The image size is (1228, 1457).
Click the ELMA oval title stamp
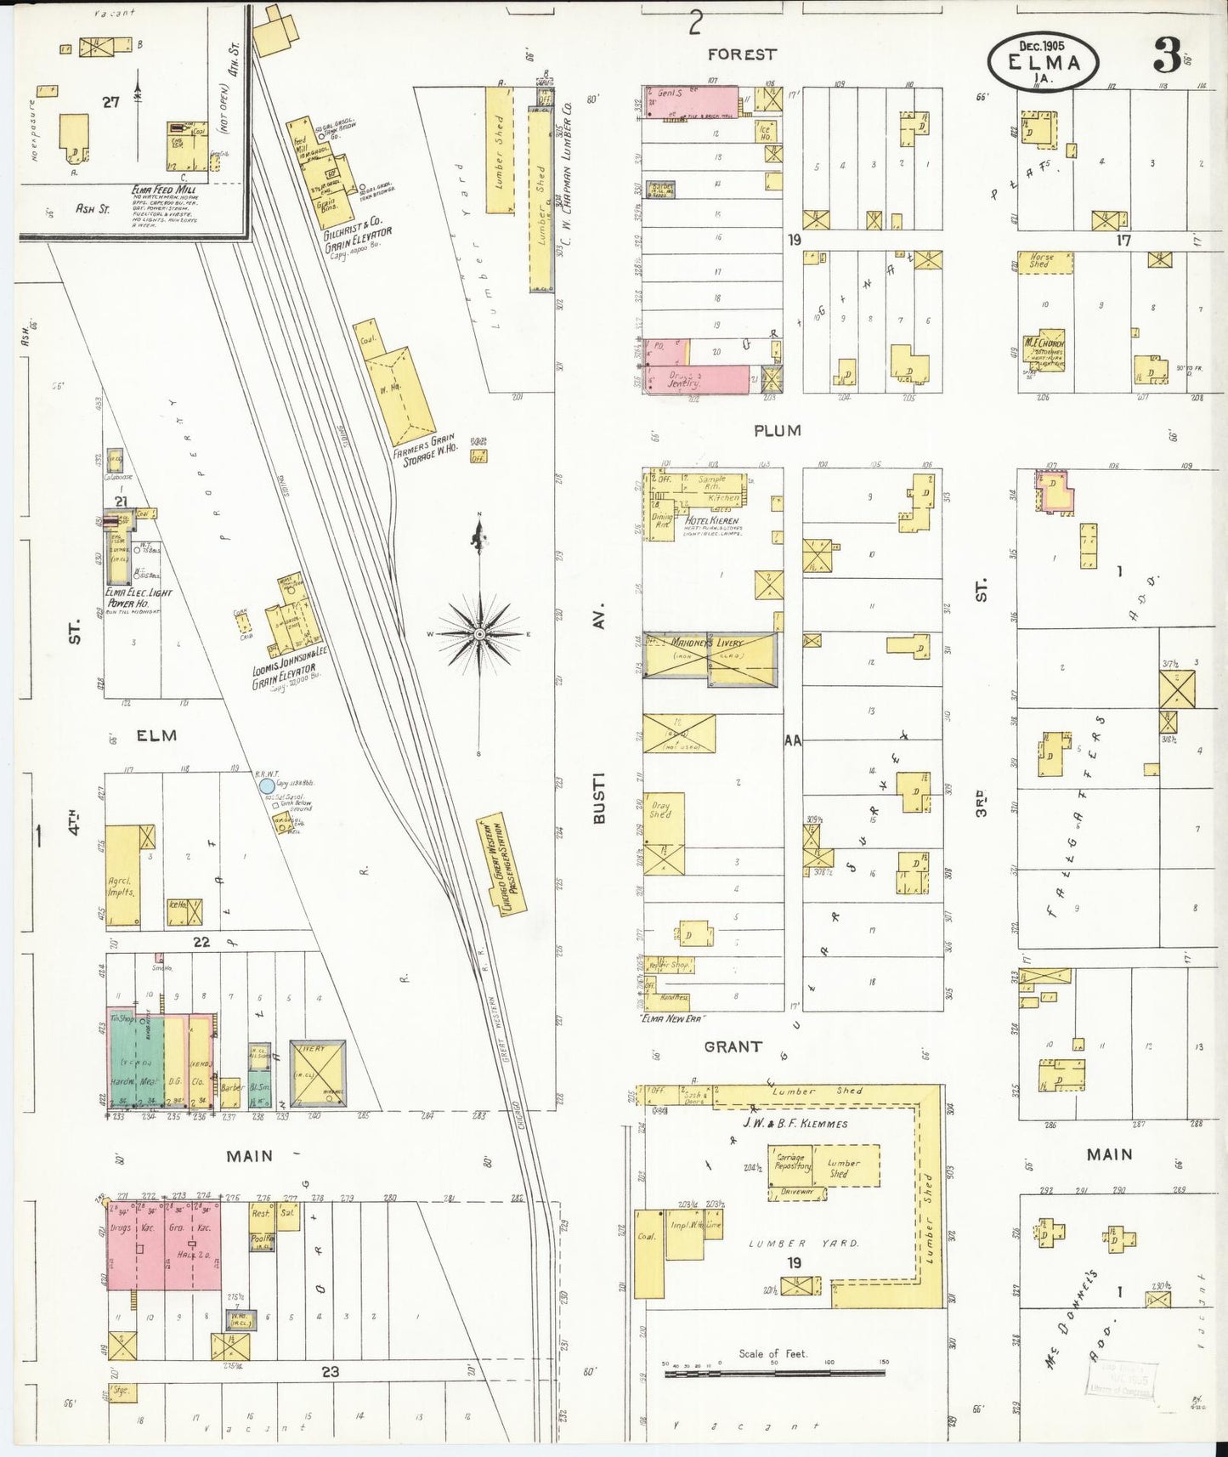click(x=1044, y=63)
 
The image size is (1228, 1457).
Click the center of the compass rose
click(x=479, y=634)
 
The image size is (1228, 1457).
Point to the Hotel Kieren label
click(x=712, y=520)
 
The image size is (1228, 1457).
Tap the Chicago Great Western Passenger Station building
click(x=501, y=865)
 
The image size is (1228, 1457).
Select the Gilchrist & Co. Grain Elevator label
click(x=356, y=239)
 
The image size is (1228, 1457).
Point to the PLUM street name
click(x=777, y=431)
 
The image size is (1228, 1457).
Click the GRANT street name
click(x=732, y=1046)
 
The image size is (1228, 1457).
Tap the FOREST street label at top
click(x=741, y=54)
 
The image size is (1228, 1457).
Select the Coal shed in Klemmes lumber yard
click(x=649, y=1253)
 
